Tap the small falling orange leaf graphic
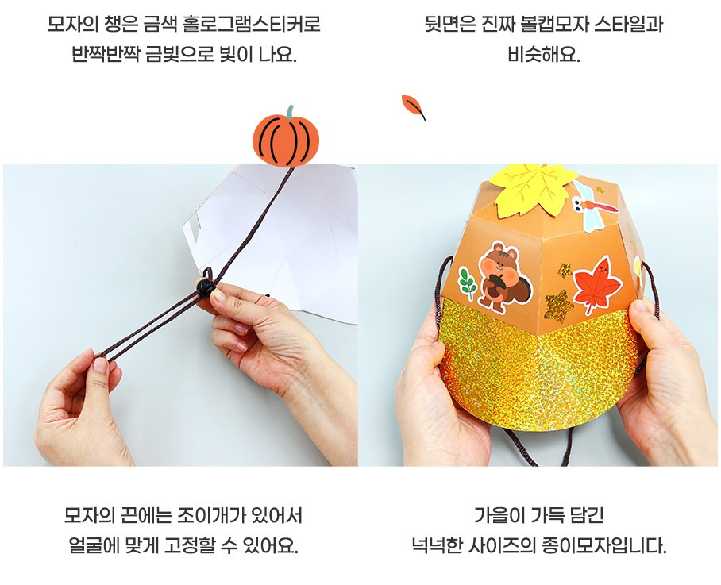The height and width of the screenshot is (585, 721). (412, 106)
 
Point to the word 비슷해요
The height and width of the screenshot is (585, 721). (544, 55)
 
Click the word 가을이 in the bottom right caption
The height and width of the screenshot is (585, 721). (499, 516)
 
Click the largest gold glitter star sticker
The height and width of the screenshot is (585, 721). (558, 304)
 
